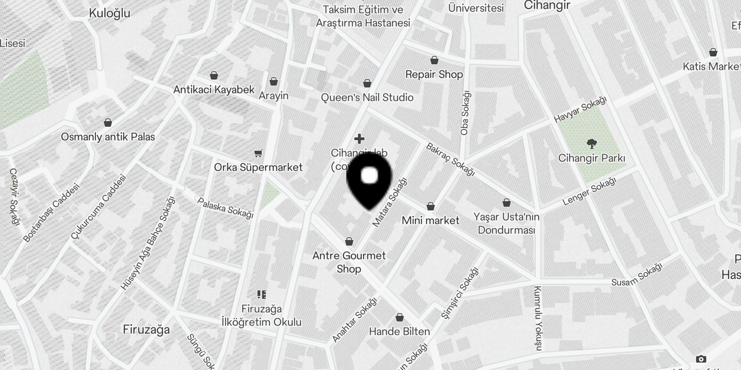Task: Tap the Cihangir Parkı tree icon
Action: [591, 144]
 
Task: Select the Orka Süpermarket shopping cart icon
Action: [258, 153]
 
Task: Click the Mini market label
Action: [431, 221]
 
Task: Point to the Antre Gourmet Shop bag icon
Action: [349, 241]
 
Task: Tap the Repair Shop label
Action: [434, 74]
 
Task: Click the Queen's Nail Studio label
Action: [367, 98]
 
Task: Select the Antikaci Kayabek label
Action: [214, 90]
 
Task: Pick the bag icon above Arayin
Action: [274, 82]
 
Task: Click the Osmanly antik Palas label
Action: [108, 137]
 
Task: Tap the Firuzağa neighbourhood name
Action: [146, 330]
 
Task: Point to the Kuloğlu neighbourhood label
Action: [109, 13]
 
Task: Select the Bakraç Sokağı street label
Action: [450, 160]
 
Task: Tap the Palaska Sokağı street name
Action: [225, 208]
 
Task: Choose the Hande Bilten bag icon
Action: [399, 318]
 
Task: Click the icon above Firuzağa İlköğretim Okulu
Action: [262, 294]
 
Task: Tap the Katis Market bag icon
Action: [713, 52]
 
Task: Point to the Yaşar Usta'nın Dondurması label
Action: [506, 223]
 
